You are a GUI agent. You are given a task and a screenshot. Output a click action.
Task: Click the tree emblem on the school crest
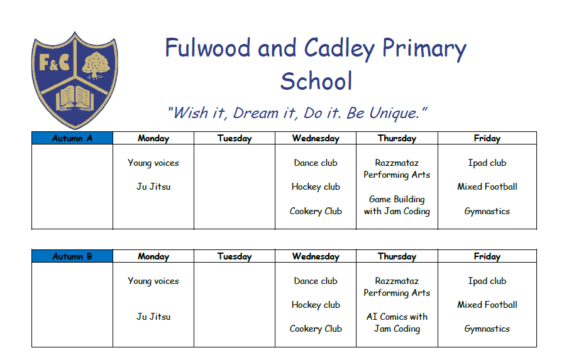point(96,65)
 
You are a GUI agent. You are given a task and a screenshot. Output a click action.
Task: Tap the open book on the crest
point(75,98)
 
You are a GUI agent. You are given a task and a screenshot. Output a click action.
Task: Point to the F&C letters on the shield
point(54,63)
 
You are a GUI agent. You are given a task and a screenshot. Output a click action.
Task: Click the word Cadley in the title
point(340,49)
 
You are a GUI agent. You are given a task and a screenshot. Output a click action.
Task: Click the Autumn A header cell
point(72,138)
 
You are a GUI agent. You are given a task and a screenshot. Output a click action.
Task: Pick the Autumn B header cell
point(72,256)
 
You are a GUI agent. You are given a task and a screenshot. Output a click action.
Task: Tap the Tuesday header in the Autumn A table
point(235,139)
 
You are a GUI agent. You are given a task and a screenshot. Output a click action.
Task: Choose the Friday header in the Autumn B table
point(487,256)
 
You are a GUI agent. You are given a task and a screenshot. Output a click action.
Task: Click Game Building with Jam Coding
point(397,205)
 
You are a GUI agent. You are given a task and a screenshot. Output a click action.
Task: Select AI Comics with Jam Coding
point(397,323)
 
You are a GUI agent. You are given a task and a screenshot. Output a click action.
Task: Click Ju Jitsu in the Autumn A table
point(153,187)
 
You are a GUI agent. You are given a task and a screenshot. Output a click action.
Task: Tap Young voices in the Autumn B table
point(153,281)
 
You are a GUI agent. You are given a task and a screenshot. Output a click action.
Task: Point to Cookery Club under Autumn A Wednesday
point(316,211)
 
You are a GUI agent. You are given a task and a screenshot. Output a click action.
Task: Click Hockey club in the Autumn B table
point(316,305)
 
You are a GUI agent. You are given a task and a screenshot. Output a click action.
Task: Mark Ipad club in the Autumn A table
point(487,163)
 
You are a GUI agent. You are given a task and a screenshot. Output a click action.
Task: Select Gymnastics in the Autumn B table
point(487,329)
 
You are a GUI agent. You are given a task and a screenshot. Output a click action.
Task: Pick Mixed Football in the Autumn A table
point(487,187)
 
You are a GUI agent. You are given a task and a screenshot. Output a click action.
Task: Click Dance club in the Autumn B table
point(316,281)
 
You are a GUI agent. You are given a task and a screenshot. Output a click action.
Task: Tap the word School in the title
point(316,81)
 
